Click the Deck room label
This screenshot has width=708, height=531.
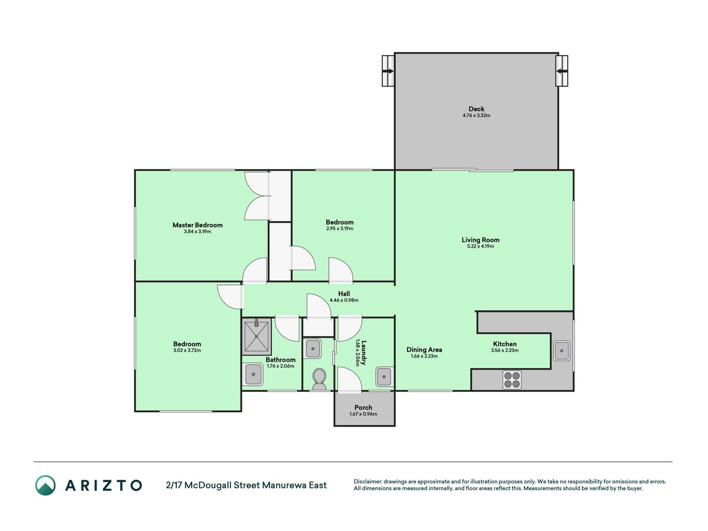pyautogui.click(x=477, y=109)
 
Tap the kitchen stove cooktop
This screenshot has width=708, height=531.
pyautogui.click(x=512, y=380)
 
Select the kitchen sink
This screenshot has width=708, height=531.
pyautogui.click(x=562, y=351)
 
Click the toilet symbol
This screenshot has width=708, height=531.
pyautogui.click(x=319, y=379)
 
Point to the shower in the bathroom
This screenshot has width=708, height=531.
pyautogui.click(x=256, y=336)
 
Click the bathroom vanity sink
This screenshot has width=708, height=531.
pyautogui.click(x=253, y=374)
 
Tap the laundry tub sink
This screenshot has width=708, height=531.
pyautogui.click(x=384, y=377)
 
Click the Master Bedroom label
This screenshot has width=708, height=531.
pyautogui.click(x=197, y=225)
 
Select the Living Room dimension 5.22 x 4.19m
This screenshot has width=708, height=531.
pyautogui.click(x=480, y=246)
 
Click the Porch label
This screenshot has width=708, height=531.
pyautogui.click(x=363, y=408)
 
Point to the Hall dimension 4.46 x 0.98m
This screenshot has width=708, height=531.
pyautogui.click(x=344, y=300)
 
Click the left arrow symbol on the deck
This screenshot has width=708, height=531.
pyautogui.click(x=388, y=71)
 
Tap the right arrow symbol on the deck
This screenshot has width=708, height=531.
pyautogui.click(x=562, y=71)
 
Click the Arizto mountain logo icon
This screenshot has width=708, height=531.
pyautogui.click(x=45, y=485)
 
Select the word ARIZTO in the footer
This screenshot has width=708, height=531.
pyautogui.click(x=103, y=485)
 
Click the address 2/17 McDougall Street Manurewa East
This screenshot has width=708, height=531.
pyautogui.click(x=246, y=485)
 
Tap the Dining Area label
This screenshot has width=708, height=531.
pyautogui.click(x=424, y=350)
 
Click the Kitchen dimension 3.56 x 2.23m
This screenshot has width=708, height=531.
pyautogui.click(x=505, y=351)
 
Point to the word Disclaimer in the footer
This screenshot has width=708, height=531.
pyautogui.click(x=367, y=482)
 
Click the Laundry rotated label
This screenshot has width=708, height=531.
pyautogui.click(x=364, y=353)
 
